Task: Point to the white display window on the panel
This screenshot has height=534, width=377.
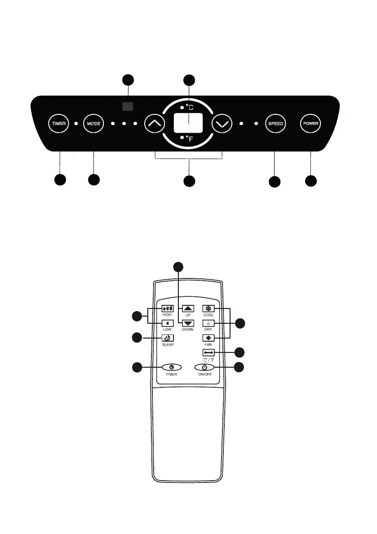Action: (188, 122)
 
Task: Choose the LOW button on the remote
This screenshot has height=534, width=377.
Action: (167, 323)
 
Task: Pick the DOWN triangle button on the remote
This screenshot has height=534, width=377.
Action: (188, 323)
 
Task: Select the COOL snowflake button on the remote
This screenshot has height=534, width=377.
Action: (208, 308)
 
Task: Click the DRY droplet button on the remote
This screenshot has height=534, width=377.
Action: (208, 323)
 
